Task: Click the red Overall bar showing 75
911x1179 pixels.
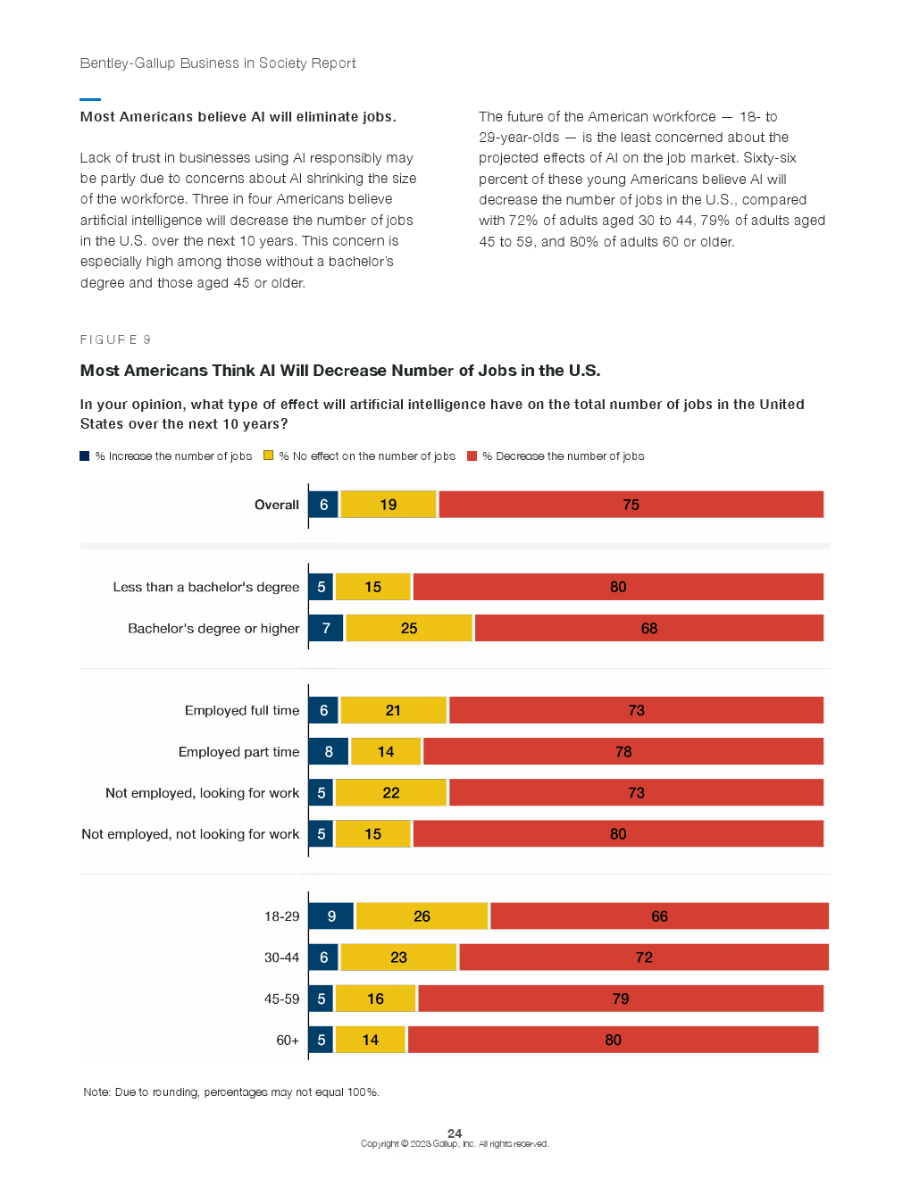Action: (x=631, y=505)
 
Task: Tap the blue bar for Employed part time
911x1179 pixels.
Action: (x=328, y=752)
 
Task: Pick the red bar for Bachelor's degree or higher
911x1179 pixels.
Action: (x=648, y=629)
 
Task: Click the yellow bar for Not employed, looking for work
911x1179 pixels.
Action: (x=390, y=793)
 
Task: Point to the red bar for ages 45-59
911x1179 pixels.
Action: (x=620, y=999)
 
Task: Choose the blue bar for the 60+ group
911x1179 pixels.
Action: (x=321, y=1040)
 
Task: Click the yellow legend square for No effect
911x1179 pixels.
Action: (x=268, y=456)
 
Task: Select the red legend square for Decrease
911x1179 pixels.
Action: (x=472, y=456)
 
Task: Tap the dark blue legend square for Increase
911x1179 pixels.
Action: (x=85, y=456)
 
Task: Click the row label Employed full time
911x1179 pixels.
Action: (x=242, y=711)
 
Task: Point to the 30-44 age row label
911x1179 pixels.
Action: (x=281, y=957)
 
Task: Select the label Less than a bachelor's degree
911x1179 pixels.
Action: (x=206, y=588)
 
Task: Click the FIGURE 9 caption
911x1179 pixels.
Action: (x=115, y=339)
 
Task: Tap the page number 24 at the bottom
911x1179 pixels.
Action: (x=455, y=1133)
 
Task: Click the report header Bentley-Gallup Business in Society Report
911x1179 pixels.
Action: (x=218, y=63)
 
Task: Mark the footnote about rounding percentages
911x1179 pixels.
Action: (x=231, y=1092)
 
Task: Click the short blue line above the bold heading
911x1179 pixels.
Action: (x=90, y=99)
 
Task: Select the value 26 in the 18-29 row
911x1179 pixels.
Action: (x=422, y=916)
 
